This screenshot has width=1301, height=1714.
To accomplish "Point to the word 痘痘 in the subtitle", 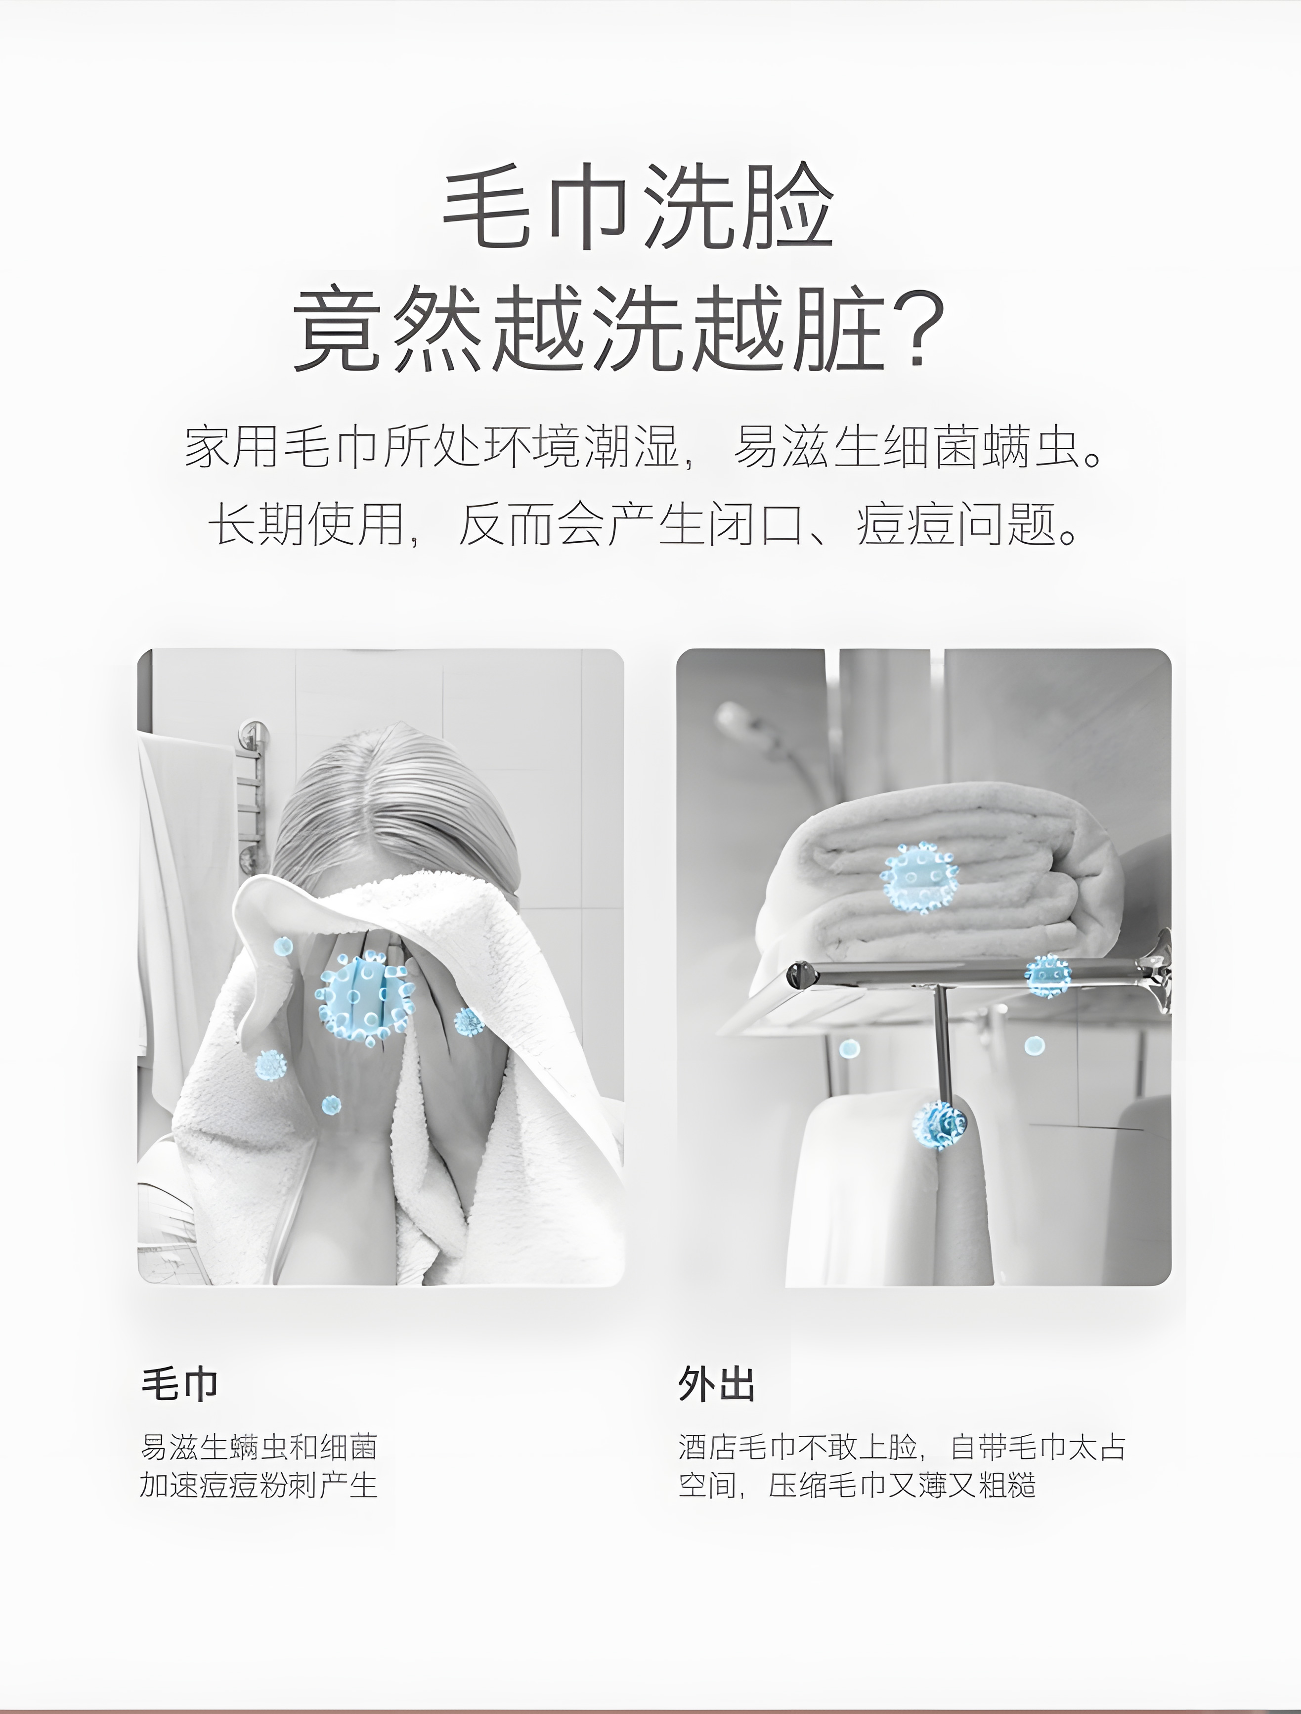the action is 905,524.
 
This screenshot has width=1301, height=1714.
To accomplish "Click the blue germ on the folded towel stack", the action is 920,877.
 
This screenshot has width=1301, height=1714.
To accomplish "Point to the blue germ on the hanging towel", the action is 939,1124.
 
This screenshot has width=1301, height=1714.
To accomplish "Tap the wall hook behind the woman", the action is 250,732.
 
